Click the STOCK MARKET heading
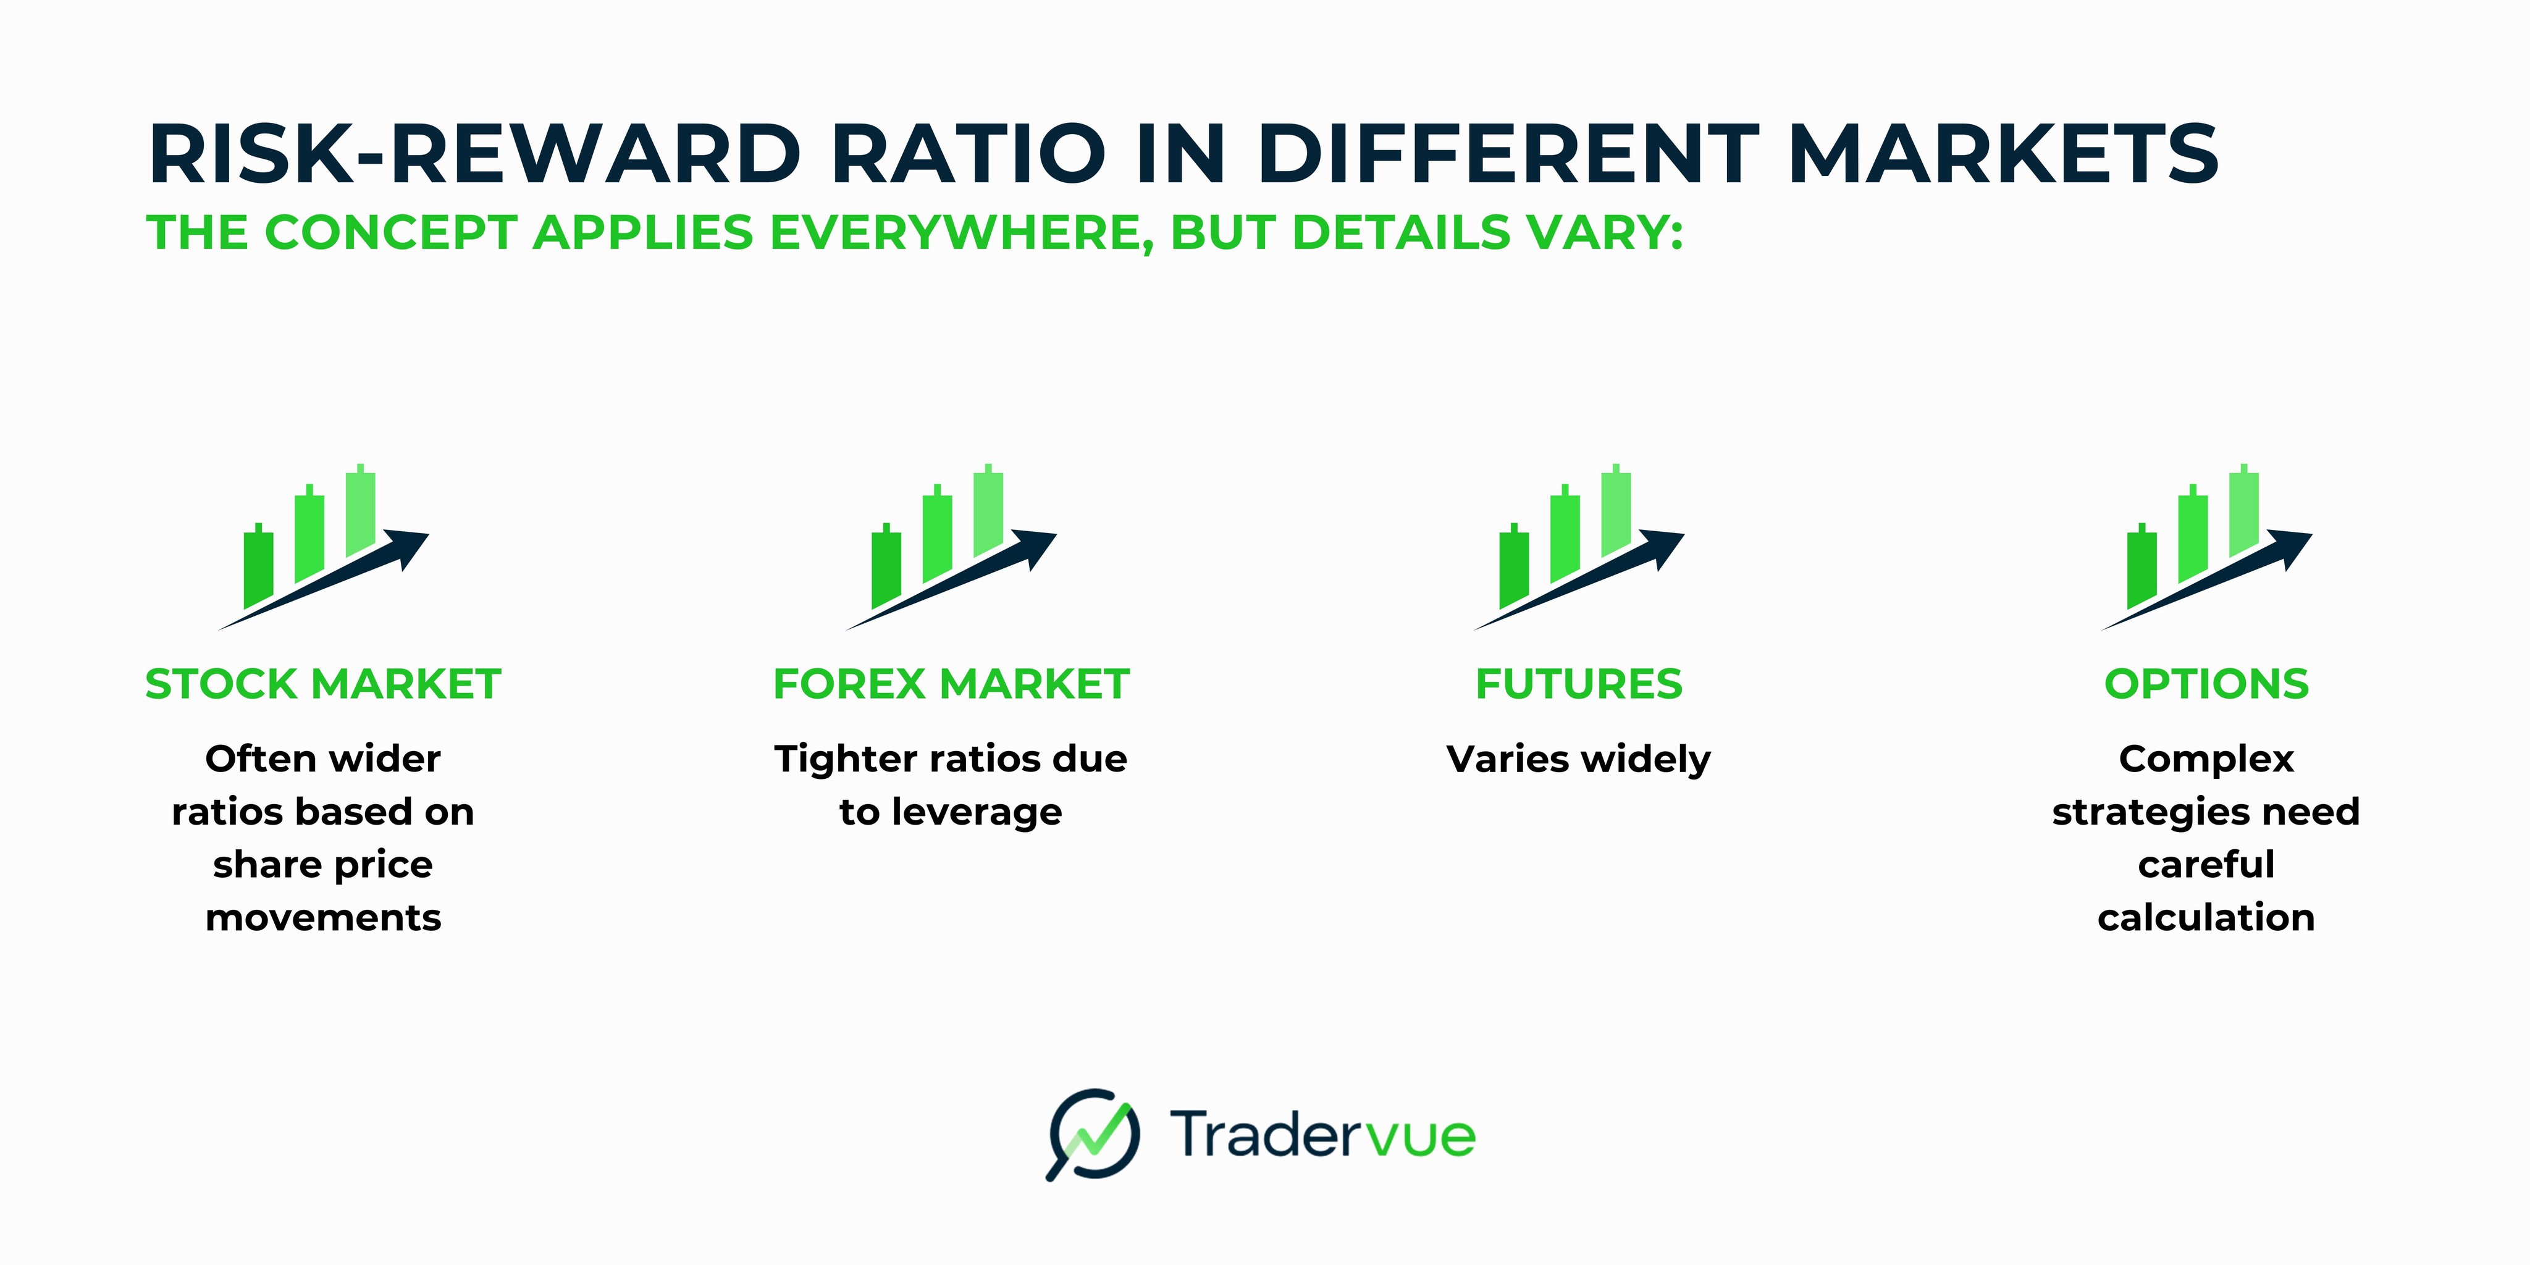pyautogui.click(x=323, y=684)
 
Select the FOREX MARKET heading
pyautogui.click(x=951, y=684)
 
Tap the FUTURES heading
pyautogui.click(x=1578, y=684)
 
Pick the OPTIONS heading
pyautogui.click(x=2206, y=684)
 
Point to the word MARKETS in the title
pyautogui.click(x=2004, y=154)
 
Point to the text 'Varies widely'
pyautogui.click(x=1578, y=759)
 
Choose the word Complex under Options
pyautogui.click(x=2206, y=759)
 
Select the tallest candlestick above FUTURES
pyautogui.click(x=1616, y=513)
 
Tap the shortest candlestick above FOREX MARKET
pyautogui.click(x=886, y=568)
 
